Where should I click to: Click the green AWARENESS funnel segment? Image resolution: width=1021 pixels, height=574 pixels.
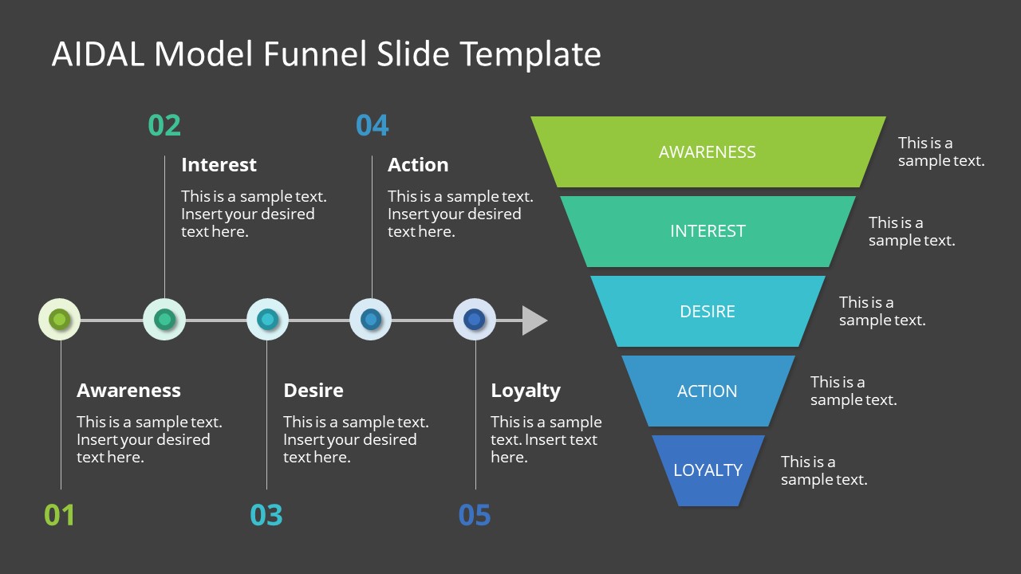coord(708,152)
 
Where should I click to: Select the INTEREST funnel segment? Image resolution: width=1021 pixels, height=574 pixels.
coord(708,231)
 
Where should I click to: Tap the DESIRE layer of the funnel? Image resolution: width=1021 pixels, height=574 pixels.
coord(708,311)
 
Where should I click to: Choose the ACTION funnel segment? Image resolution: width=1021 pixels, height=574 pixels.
coord(708,391)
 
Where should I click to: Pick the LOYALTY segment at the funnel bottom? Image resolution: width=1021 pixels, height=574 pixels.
coord(708,470)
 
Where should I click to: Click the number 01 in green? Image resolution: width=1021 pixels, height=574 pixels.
coord(60,515)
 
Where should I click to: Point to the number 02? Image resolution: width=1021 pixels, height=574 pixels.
coord(164,126)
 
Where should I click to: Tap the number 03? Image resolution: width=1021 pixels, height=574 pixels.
coord(266,515)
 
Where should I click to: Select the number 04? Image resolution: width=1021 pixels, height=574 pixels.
coord(372,126)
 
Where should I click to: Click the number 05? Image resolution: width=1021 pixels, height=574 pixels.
coord(475,515)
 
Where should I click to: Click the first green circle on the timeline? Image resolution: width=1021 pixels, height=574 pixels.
coord(60,320)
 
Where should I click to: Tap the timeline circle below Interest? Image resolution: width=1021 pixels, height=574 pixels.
coord(164,320)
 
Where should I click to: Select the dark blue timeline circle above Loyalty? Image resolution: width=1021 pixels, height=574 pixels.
coord(475,320)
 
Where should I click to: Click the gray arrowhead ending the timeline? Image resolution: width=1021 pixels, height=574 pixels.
coord(534,320)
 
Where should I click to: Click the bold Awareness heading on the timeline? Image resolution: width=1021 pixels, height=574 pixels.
coord(128,391)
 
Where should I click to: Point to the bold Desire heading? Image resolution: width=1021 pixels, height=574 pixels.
coord(313,391)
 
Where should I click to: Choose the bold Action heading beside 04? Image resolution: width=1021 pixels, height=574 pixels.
coord(418,165)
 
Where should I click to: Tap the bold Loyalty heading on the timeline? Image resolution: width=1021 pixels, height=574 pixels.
coord(526,391)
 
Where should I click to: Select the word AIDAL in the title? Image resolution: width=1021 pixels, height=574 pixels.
coord(99,54)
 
